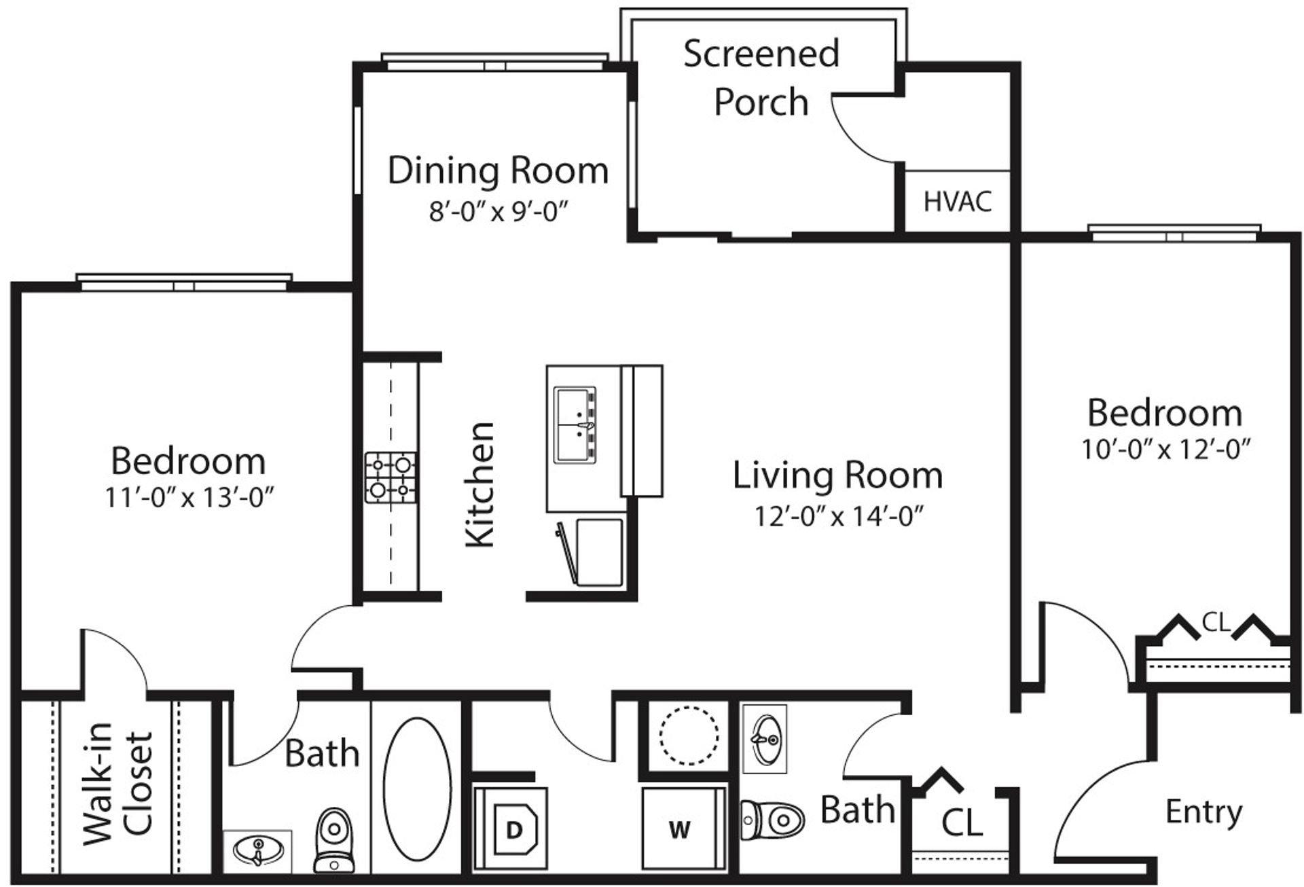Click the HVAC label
click(x=958, y=202)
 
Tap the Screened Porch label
click(x=761, y=77)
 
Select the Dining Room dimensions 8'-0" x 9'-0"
click(x=498, y=211)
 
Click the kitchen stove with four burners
click(x=391, y=477)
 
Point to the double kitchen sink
click(x=575, y=426)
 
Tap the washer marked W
click(x=680, y=829)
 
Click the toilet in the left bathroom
click(x=333, y=839)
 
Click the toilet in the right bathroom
click(x=773, y=818)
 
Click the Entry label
click(x=1203, y=812)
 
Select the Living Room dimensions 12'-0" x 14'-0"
click(x=839, y=517)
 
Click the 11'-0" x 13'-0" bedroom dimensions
click(x=188, y=499)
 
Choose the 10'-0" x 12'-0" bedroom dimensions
click(x=1165, y=450)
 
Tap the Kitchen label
click(x=480, y=484)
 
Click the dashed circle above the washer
click(x=689, y=736)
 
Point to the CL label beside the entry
click(x=962, y=823)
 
